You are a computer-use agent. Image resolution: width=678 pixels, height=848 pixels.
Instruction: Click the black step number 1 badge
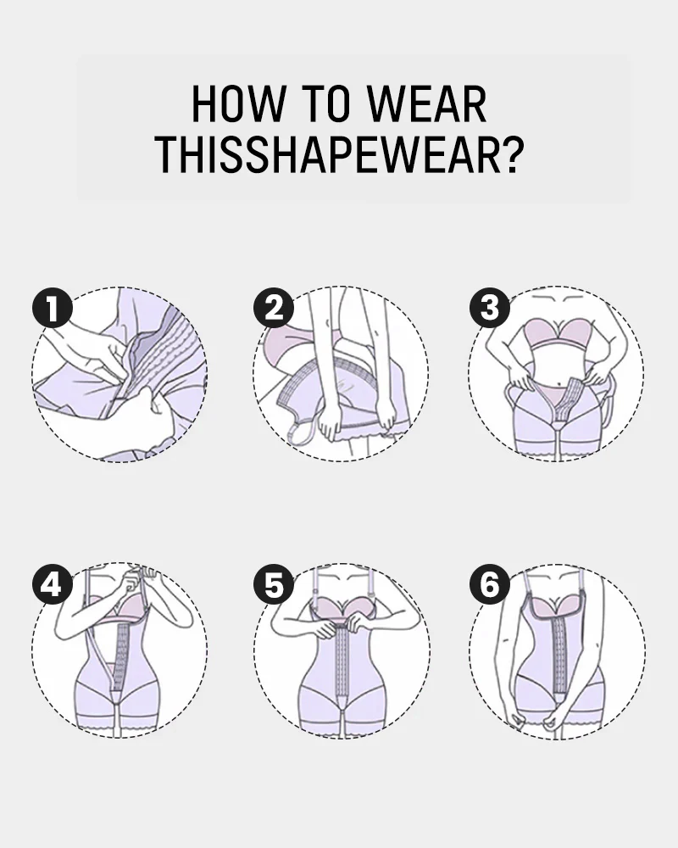[52, 308]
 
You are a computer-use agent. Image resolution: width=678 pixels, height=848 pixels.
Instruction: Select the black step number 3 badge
[490, 308]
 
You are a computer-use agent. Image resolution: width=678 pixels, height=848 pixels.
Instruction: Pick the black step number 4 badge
[52, 584]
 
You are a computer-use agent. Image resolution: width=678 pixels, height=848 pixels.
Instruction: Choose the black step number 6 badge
[490, 584]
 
